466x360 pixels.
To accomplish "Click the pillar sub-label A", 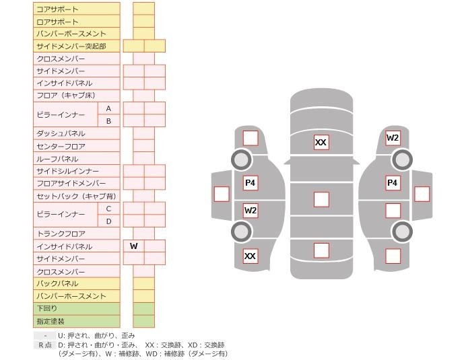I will pyautogui.click(x=108, y=108).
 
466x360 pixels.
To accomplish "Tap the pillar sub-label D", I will pyautogui.click(x=108, y=221).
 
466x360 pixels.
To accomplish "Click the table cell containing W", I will pyautogui.click(x=134, y=246).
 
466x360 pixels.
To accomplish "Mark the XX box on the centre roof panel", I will pyautogui.click(x=321, y=142).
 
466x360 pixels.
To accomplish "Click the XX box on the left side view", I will pyautogui.click(x=251, y=256).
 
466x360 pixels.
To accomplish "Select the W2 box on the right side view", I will pyautogui.click(x=393, y=138).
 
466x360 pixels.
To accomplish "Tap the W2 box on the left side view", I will pyautogui.click(x=251, y=211).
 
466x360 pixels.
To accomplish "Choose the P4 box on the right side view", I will pyautogui.click(x=393, y=182).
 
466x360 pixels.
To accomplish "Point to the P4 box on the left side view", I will pyautogui.click(x=251, y=182).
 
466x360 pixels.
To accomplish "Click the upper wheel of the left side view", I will pyautogui.click(x=241, y=159).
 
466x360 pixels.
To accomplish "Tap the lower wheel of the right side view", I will pyautogui.click(x=402, y=231).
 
